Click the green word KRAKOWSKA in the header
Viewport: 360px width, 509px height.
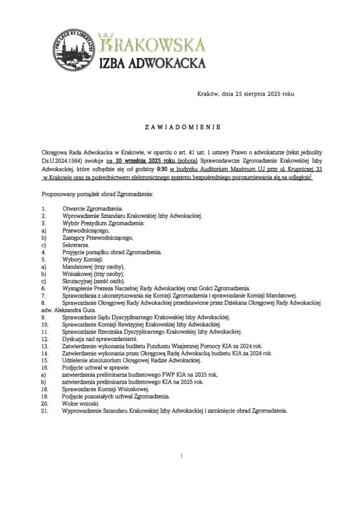(152, 43)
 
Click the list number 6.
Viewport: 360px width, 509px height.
(44, 288)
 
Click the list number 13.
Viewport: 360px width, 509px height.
(45, 346)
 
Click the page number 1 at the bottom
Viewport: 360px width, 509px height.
(182, 455)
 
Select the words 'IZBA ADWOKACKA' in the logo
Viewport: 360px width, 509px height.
(153, 63)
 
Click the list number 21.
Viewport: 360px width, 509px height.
(45, 411)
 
